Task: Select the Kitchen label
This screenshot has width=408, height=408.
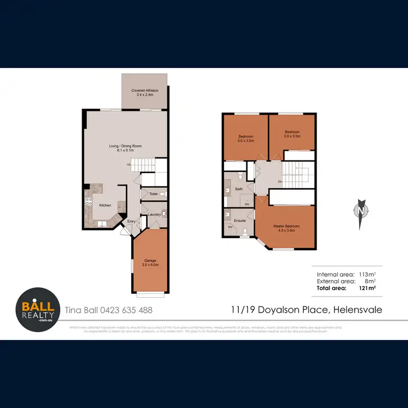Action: click(x=105, y=205)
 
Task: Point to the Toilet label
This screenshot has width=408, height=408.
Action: click(x=153, y=194)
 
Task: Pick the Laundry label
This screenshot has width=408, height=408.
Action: click(x=153, y=214)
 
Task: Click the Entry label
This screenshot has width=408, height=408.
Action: click(x=132, y=221)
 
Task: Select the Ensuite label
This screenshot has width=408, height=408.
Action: click(x=240, y=221)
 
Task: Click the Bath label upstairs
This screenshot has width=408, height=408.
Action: click(x=238, y=189)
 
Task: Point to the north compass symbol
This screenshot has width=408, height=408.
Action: click(x=360, y=209)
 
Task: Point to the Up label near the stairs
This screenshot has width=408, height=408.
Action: click(x=128, y=164)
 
